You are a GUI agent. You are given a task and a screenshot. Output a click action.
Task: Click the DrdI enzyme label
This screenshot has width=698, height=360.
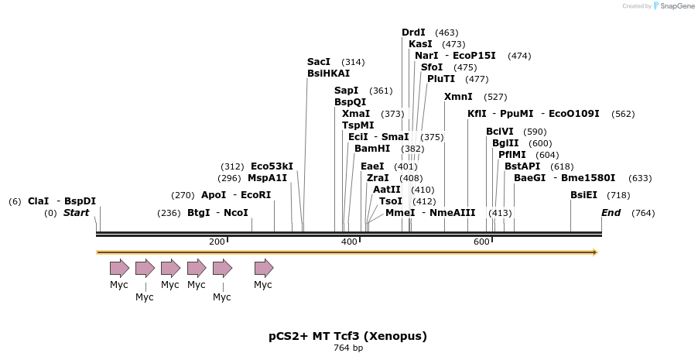[x=413, y=33]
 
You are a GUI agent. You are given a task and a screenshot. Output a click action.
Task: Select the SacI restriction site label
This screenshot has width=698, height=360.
[x=319, y=62]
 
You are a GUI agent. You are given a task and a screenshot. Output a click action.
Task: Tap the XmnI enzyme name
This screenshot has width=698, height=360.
[x=458, y=97]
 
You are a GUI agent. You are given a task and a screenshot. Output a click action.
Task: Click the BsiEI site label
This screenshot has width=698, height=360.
[x=583, y=195]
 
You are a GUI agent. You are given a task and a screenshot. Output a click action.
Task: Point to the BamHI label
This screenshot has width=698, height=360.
[x=372, y=149]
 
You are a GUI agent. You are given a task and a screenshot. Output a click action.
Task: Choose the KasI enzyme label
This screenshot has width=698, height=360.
[x=420, y=44]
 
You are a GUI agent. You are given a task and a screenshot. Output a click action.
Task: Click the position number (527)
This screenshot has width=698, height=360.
[x=495, y=97]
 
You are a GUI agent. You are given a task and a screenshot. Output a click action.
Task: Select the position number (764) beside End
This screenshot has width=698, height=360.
[x=643, y=213]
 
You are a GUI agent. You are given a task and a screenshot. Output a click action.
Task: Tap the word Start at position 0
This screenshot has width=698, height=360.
[x=76, y=213]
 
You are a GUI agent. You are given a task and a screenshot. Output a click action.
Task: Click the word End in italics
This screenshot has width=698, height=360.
[x=611, y=213]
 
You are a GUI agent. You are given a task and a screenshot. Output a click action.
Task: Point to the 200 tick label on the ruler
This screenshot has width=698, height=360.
[x=217, y=242]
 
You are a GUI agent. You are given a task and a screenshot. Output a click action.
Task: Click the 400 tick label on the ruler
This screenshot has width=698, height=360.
[x=349, y=242]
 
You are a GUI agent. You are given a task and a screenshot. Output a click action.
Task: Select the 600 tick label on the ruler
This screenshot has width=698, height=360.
[x=481, y=242]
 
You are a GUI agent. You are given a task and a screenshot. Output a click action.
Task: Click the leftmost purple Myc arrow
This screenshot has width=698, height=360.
[x=119, y=269]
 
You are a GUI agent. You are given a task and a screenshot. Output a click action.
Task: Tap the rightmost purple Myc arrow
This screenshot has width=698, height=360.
[x=264, y=269]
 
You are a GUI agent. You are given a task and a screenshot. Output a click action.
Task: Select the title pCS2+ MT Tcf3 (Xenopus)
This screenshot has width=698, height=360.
[x=347, y=336]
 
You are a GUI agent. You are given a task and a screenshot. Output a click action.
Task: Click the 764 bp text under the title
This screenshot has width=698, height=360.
[x=347, y=348]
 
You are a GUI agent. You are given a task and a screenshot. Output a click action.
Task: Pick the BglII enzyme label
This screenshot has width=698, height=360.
[x=505, y=143]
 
